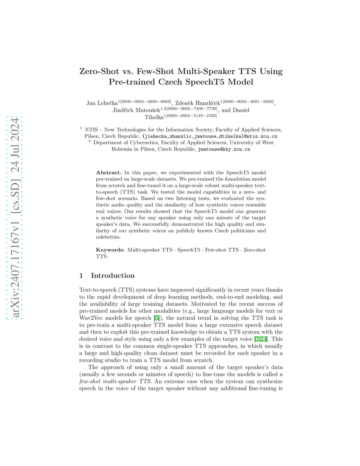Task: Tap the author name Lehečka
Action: pos(107,103)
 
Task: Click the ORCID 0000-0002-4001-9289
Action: pos(248,102)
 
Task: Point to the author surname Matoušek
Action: pos(148,110)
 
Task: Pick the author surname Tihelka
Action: pos(154,117)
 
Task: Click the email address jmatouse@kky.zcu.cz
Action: pos(224,149)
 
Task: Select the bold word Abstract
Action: pos(108,173)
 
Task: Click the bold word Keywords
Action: pos(110,250)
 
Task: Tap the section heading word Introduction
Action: pos(112,276)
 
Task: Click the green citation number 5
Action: pos(156,318)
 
